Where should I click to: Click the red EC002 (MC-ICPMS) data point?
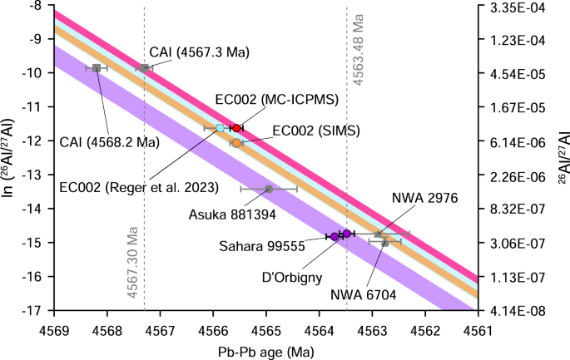[x=236, y=128]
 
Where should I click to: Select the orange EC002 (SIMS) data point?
[x=236, y=143]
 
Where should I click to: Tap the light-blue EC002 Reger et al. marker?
[x=221, y=128]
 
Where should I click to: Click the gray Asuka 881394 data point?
[x=269, y=190]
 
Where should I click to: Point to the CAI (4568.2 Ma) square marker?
[x=97, y=67]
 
